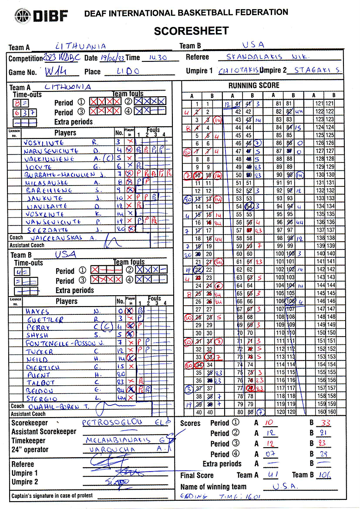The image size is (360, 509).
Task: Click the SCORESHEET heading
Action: click(x=191, y=30)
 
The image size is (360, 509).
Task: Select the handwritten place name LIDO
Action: click(x=128, y=71)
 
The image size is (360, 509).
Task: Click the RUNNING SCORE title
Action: click(x=254, y=85)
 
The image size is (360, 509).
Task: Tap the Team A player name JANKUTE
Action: click(x=44, y=198)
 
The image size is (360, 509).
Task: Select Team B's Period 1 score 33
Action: click(x=323, y=422)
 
